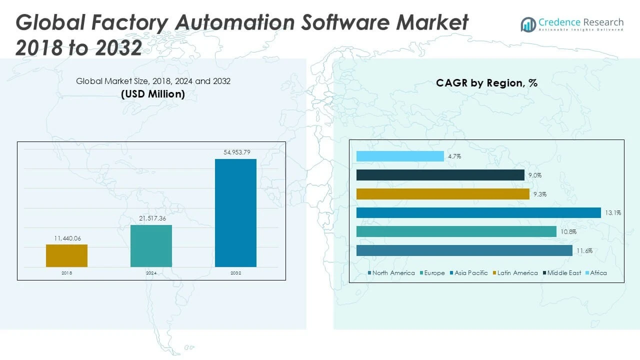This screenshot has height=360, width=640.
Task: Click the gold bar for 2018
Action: tap(66, 255)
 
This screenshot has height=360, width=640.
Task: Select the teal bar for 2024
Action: tap(151, 246)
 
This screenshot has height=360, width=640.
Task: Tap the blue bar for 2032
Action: tap(235, 213)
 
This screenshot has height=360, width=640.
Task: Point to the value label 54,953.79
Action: tap(235, 151)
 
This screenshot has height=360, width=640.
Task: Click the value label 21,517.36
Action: tap(151, 218)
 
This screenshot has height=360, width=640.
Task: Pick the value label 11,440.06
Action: tap(66, 238)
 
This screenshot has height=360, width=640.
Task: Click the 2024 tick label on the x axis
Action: tap(151, 273)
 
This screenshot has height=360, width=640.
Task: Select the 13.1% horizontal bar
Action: tap(478, 213)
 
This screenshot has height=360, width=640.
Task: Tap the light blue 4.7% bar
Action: tap(400, 156)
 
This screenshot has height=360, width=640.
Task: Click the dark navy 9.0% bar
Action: tap(440, 175)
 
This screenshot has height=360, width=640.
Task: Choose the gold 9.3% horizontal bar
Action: tap(442, 194)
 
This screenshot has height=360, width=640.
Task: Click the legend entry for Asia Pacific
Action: tap(471, 273)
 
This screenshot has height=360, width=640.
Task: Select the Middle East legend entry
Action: tap(564, 273)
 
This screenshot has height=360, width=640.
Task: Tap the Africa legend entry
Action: tap(598, 273)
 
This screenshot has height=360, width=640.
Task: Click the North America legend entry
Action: tap(393, 273)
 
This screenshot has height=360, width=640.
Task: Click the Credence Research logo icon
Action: tap(528, 24)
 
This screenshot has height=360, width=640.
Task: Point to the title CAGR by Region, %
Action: tap(486, 83)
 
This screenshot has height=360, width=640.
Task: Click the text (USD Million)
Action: tap(153, 94)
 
